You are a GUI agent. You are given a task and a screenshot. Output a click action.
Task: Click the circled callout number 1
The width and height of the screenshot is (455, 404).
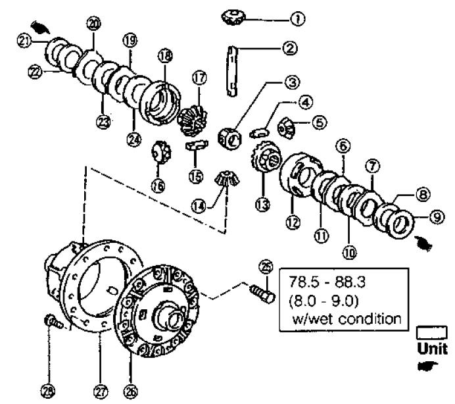[x=297, y=19]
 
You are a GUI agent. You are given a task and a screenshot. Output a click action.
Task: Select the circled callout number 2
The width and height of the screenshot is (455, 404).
[x=289, y=48]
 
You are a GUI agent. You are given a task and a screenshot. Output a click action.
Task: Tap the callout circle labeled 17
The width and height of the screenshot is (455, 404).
[x=200, y=78]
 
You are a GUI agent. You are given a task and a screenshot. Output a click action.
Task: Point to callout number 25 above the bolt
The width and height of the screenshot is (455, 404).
[x=266, y=267]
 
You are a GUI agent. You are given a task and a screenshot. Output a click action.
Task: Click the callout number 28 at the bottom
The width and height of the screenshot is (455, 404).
[x=48, y=391]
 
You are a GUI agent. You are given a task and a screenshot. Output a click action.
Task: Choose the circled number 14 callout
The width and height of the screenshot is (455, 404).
[x=199, y=207]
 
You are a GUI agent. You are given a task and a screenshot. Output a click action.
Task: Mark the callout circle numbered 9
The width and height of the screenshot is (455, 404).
[x=437, y=217]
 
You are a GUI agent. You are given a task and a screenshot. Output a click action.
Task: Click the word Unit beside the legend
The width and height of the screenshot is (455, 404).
[x=433, y=349]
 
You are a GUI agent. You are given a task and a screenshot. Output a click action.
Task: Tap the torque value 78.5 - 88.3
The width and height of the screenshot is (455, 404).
[x=327, y=282]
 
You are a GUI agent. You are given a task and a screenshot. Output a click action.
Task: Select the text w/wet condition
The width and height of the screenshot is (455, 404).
[x=347, y=319]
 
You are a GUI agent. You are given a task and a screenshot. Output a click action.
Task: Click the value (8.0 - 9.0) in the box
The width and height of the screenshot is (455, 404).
[x=324, y=301]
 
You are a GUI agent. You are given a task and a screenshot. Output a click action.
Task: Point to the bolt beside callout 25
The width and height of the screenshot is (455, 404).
[x=262, y=293]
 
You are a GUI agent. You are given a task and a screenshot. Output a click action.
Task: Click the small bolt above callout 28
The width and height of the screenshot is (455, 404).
[x=53, y=322]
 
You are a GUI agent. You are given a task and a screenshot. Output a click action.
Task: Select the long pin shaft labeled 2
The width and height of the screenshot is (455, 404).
[x=232, y=71]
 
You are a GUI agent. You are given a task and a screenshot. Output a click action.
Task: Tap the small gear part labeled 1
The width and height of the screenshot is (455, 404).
[x=233, y=18]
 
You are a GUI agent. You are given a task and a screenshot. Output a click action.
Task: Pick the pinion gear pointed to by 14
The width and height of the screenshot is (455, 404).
[x=227, y=178]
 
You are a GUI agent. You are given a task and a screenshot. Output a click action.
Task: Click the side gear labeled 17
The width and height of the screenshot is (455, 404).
[x=192, y=120]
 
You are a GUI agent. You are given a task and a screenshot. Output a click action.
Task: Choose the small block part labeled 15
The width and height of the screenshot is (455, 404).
[x=197, y=145]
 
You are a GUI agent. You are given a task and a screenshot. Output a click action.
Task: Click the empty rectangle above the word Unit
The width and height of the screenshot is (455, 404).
[x=432, y=333]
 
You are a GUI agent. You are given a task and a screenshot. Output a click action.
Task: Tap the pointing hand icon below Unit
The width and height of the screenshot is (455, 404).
[x=428, y=366]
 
